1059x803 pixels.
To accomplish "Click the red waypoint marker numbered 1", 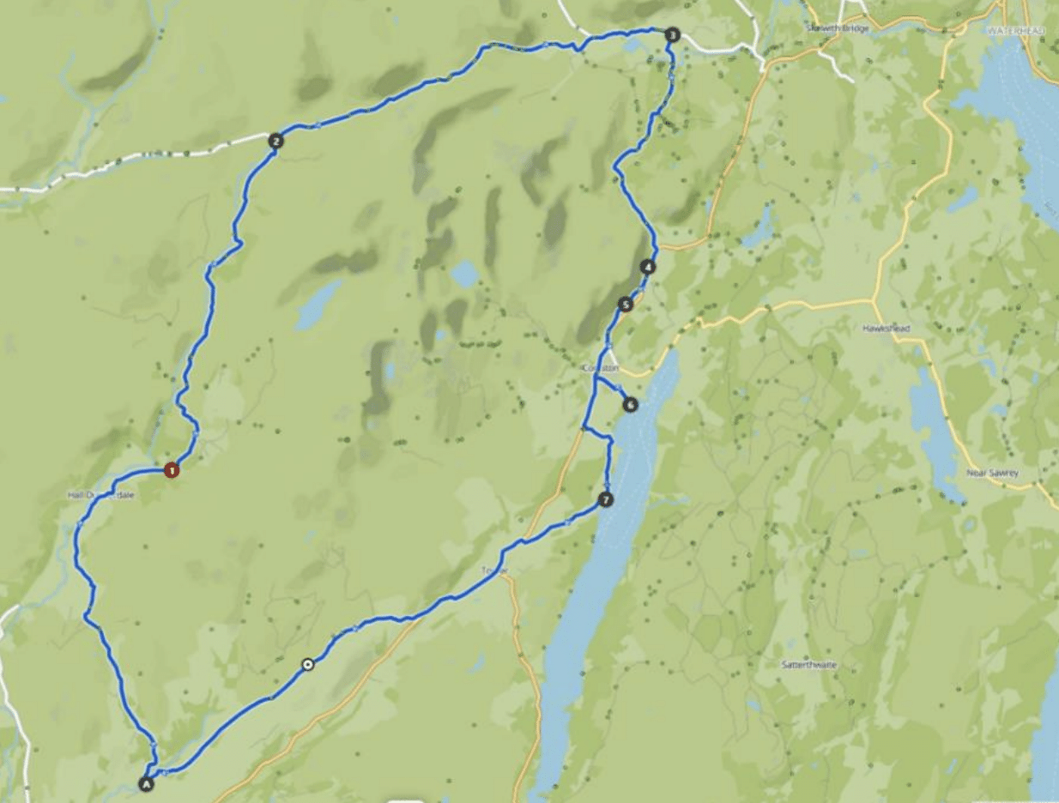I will [x=172, y=469].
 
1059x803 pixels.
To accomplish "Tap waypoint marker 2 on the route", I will [x=275, y=142].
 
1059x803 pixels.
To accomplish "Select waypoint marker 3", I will [x=672, y=35].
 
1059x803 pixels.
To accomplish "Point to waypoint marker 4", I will [x=648, y=267].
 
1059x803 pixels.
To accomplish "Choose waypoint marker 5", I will [x=626, y=304].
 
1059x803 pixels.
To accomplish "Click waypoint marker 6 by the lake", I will [x=631, y=404].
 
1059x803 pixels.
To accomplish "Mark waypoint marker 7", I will [x=606, y=499].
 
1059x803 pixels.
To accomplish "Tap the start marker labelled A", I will [x=146, y=783].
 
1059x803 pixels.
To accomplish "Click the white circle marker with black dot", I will [x=307, y=663].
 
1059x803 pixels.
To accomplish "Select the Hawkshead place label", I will [x=884, y=329].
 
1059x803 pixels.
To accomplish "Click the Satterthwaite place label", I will [x=808, y=665].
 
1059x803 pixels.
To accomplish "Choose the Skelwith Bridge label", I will [x=838, y=28].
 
